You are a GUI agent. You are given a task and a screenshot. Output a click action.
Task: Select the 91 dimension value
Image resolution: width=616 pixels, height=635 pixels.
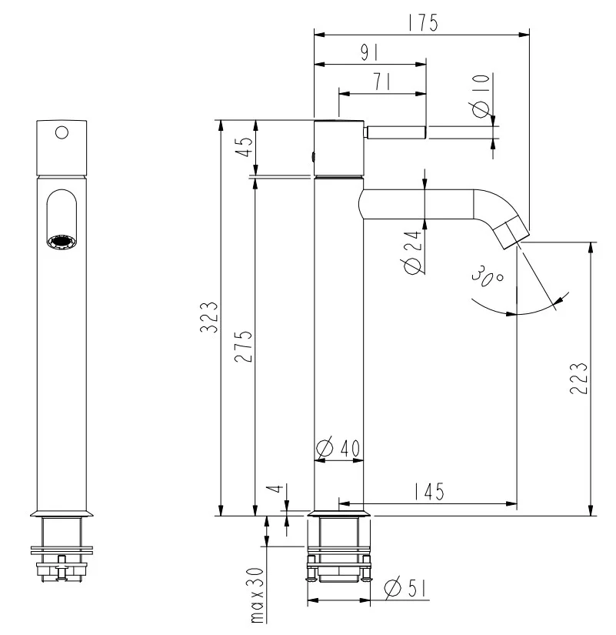tap(369, 52)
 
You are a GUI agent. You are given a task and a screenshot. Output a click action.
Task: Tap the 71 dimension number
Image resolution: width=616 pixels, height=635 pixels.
tap(381, 82)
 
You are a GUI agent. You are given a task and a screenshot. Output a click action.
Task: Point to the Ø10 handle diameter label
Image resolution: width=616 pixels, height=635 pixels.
tap(481, 96)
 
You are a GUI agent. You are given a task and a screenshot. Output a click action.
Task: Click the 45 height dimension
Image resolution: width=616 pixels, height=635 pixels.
tap(244, 146)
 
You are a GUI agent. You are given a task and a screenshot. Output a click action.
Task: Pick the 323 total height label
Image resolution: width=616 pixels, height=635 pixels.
tap(209, 317)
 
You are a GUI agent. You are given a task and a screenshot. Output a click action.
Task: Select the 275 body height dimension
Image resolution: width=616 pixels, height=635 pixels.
tap(244, 346)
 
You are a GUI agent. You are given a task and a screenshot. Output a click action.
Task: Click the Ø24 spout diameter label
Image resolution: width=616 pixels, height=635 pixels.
tap(413, 252)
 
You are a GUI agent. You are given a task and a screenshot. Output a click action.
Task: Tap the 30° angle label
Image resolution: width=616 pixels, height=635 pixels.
tap(488, 277)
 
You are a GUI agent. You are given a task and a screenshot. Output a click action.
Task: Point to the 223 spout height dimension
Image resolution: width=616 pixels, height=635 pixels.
tap(578, 378)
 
